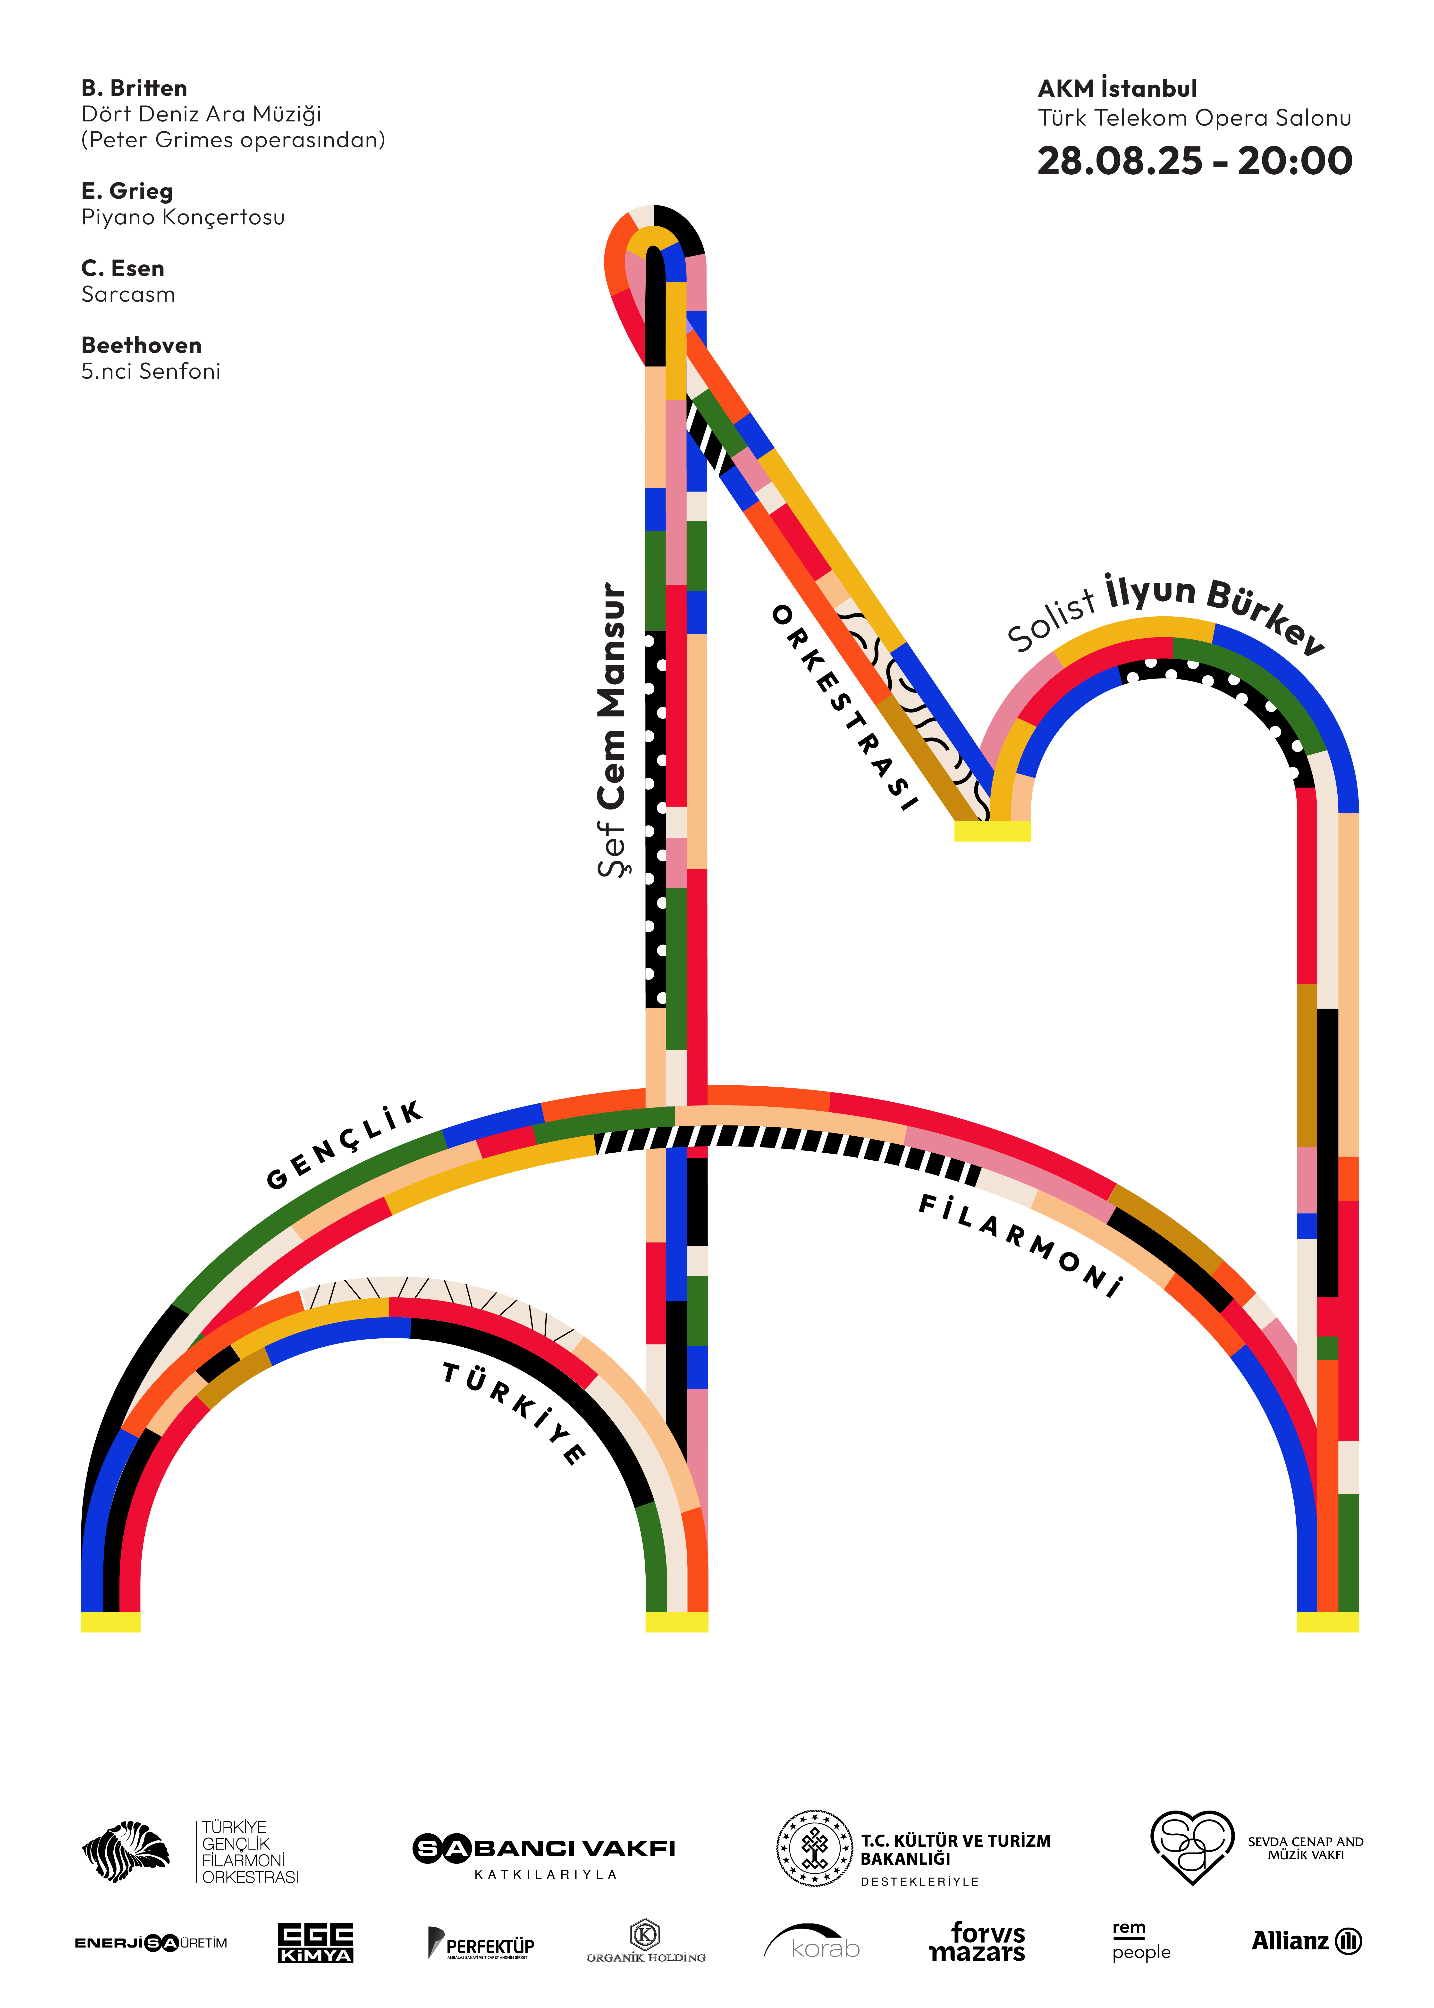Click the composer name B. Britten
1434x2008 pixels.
134,88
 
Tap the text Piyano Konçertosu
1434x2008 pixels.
183,217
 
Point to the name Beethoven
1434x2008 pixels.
141,345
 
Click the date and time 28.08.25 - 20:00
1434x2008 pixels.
1194,161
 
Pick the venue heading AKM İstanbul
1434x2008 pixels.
1117,88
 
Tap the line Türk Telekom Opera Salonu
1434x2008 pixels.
1194,118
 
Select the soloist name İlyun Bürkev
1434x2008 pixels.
1214,609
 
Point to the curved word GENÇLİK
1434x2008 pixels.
344,1145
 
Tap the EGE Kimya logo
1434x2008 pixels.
315,1943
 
